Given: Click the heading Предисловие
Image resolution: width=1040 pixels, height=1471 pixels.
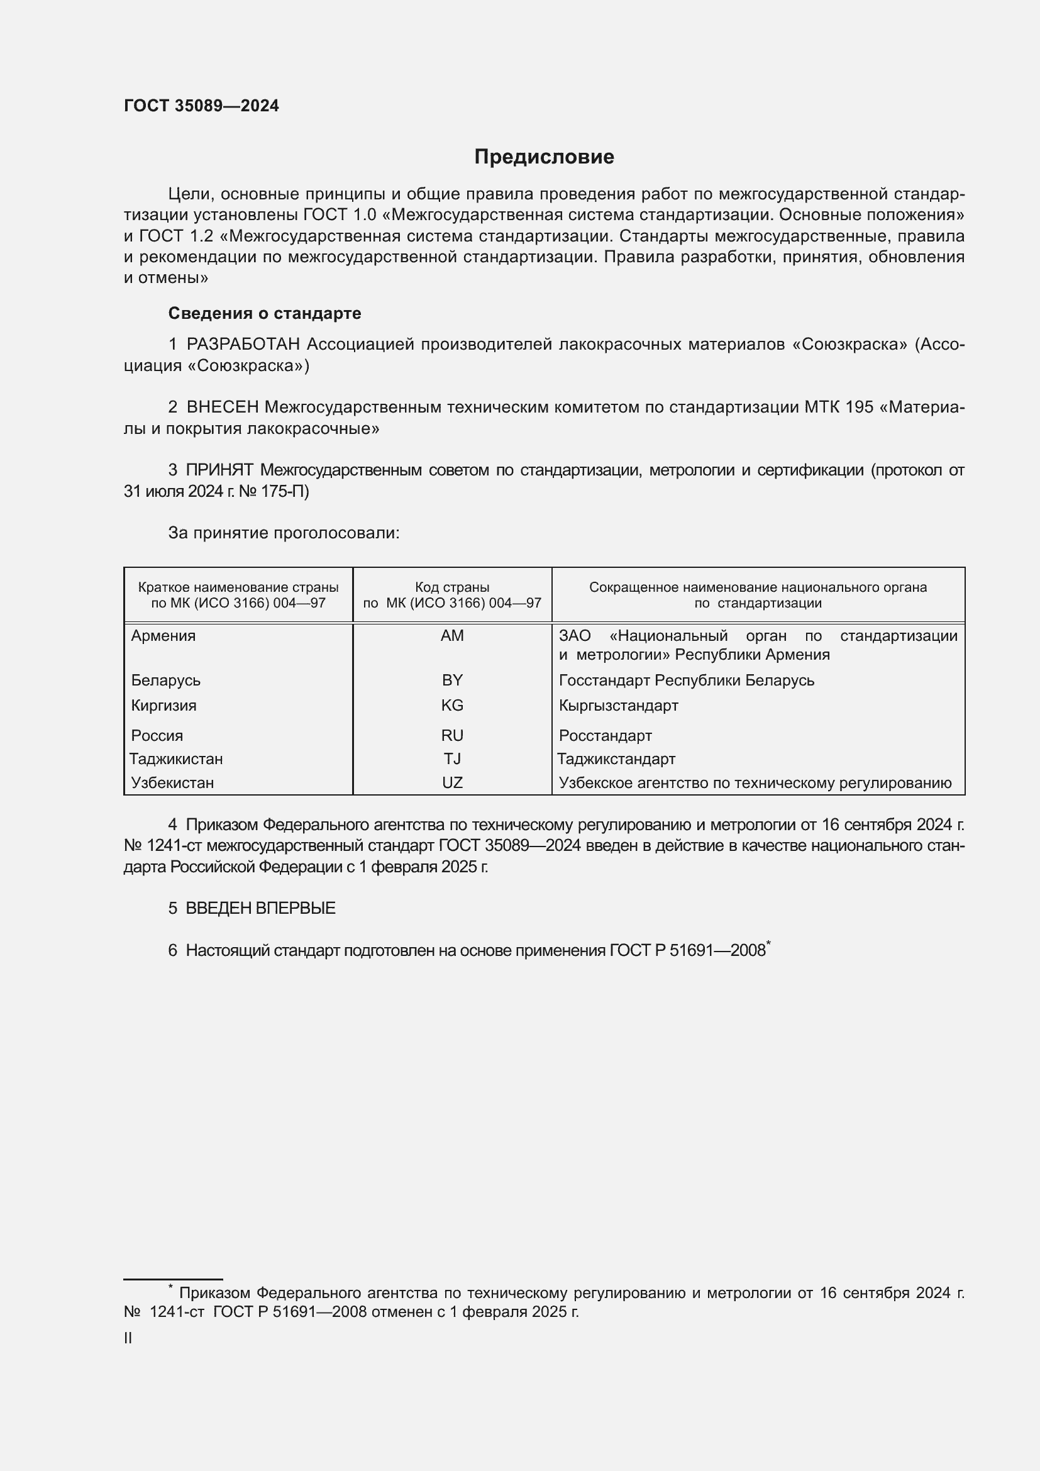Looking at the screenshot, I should (x=544, y=157).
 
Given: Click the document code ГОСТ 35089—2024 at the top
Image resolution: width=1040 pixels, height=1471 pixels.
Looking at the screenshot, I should (x=201, y=106).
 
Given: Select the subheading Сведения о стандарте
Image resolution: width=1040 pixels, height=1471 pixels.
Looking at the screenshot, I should (x=265, y=313).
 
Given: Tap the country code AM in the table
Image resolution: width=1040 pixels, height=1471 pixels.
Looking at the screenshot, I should (x=452, y=636).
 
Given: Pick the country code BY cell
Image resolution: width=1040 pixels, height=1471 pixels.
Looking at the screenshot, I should (x=452, y=680).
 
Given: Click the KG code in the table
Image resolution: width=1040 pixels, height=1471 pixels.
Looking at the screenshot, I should (x=452, y=706).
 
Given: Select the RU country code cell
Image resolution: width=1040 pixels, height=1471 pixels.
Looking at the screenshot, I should (x=452, y=736).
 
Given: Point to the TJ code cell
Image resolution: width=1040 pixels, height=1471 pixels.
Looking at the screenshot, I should (x=452, y=758).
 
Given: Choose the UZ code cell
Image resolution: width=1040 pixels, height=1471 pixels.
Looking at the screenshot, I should (x=452, y=782).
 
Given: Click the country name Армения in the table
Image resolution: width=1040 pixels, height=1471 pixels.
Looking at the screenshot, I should (x=163, y=636).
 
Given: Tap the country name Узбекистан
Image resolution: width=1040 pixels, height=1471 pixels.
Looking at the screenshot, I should (x=172, y=782).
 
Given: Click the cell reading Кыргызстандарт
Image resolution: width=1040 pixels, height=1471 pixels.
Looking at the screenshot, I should (x=618, y=706).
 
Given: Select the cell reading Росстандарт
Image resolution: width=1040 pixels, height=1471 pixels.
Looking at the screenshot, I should (x=605, y=736).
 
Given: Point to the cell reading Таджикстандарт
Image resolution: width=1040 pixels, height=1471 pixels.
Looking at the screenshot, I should (x=616, y=758).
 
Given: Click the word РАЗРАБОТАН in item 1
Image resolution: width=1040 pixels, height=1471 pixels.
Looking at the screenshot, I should (x=243, y=345).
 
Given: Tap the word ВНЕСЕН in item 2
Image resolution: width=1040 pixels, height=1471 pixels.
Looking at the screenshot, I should (x=222, y=408).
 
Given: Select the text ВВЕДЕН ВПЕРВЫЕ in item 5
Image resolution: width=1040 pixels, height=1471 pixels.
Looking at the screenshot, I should (x=260, y=909).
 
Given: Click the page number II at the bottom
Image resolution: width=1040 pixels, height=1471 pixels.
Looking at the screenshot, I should (x=128, y=1338).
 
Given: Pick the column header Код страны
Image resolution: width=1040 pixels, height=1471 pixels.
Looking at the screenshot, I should (x=452, y=587).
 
